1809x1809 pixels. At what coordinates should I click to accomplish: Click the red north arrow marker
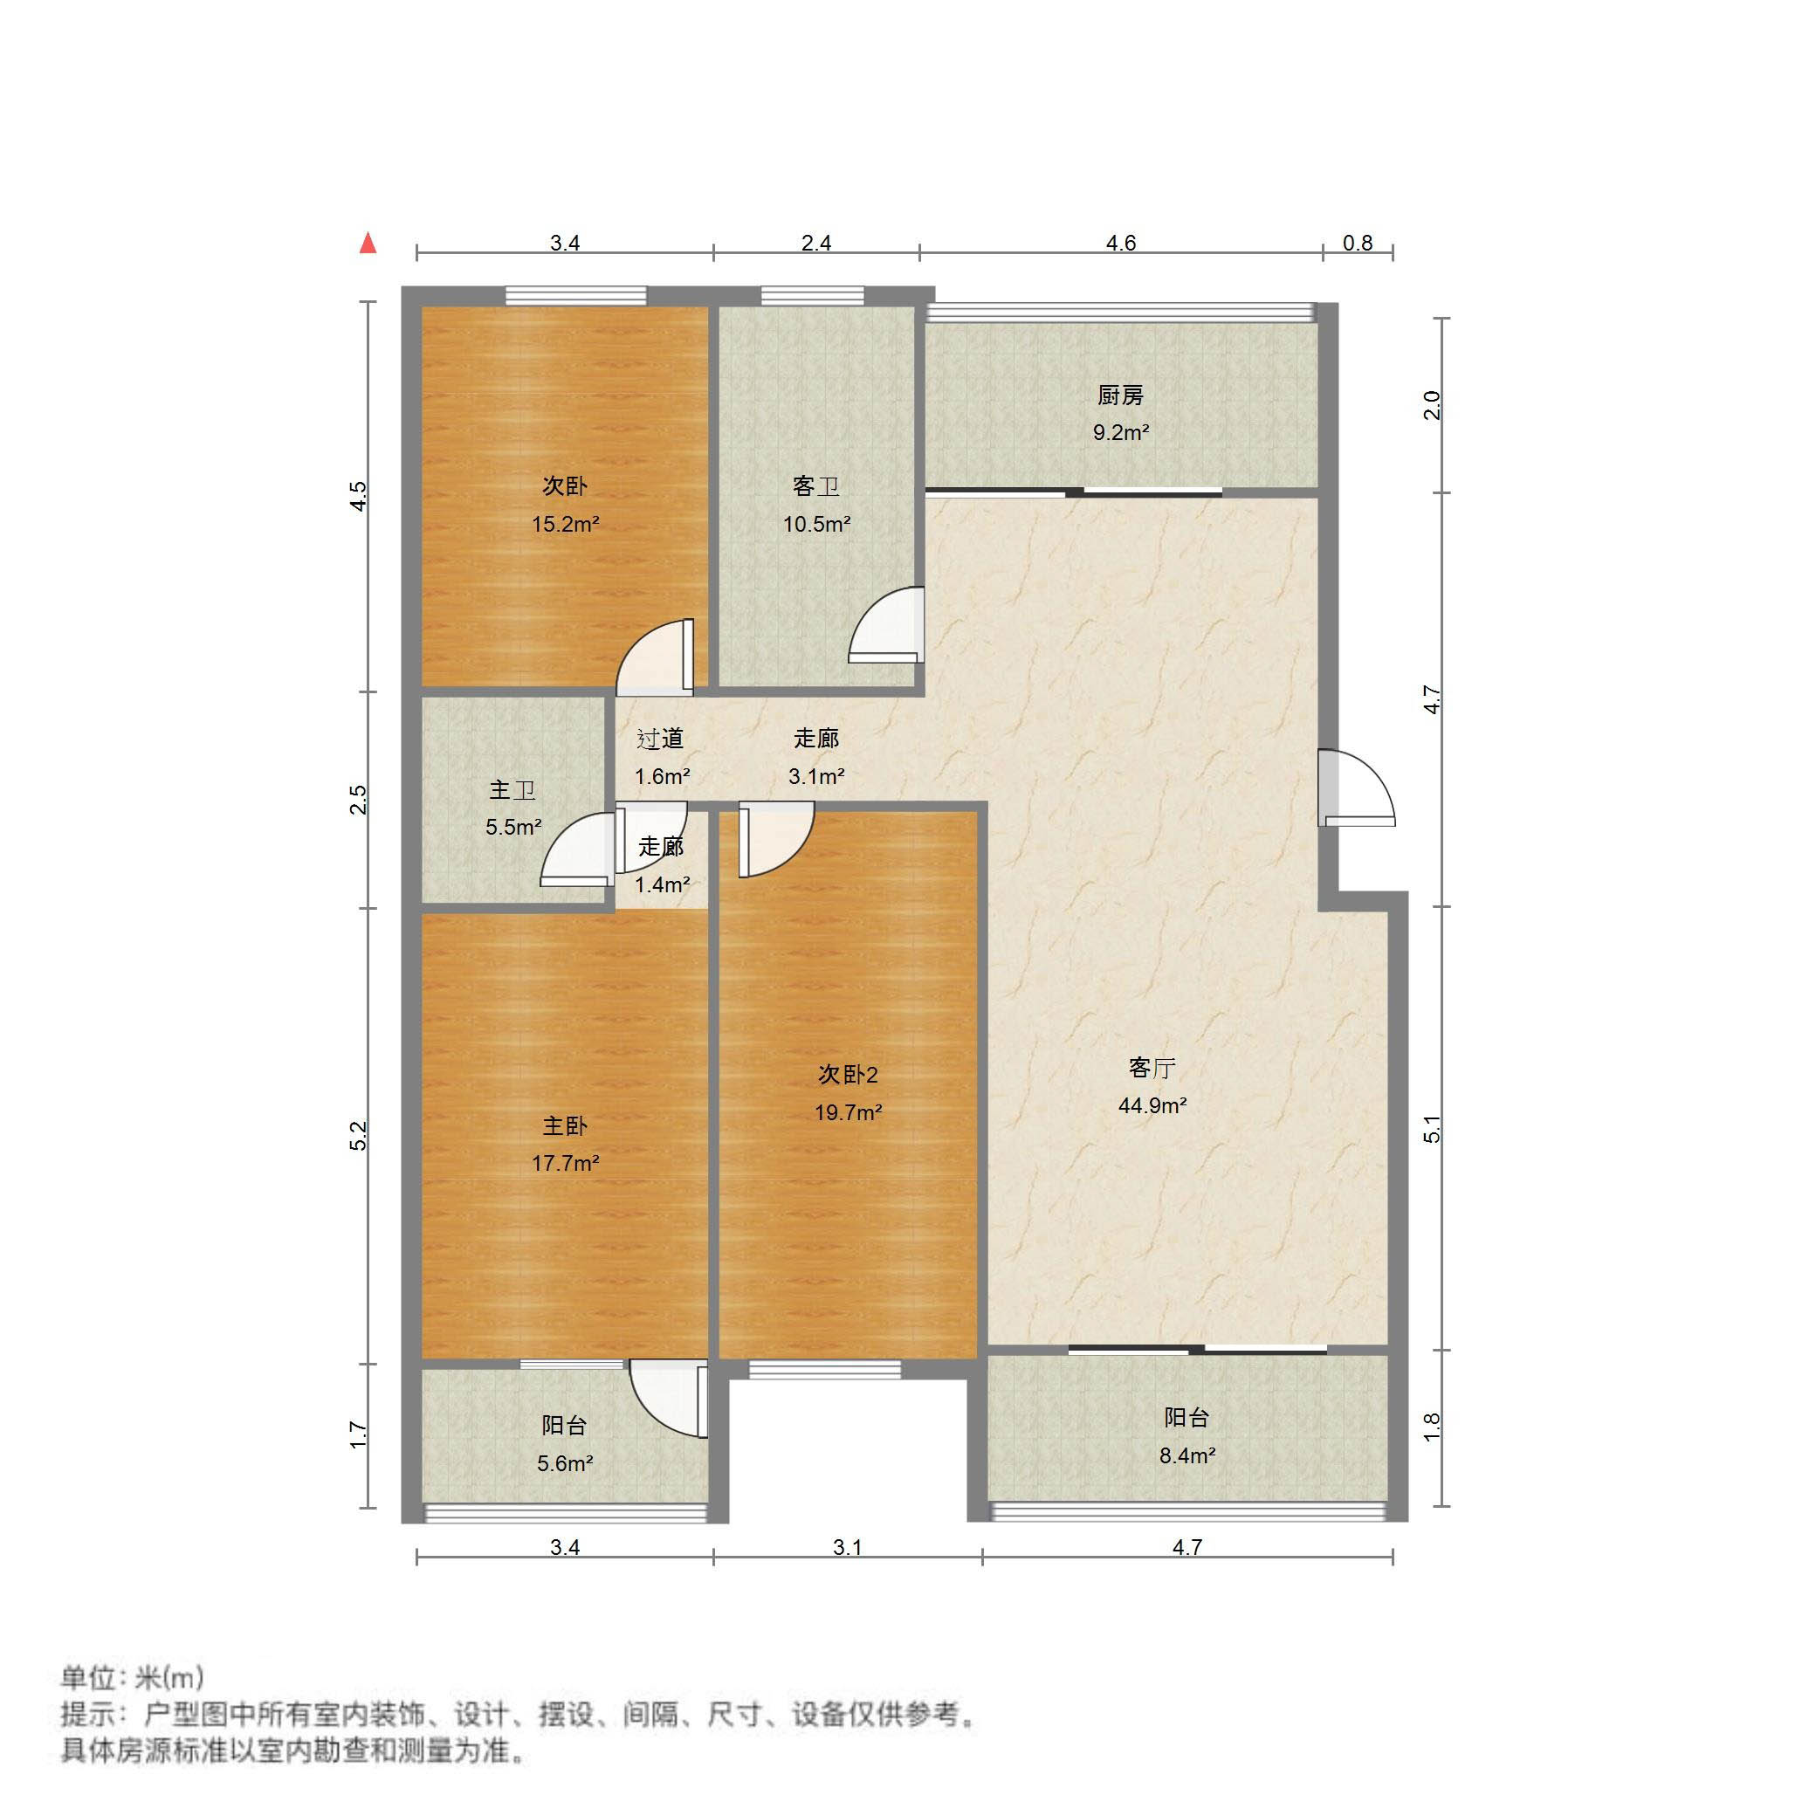[x=369, y=244]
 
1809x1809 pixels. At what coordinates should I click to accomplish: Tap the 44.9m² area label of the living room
[x=1152, y=1106]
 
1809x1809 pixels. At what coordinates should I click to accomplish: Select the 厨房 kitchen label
[x=1121, y=396]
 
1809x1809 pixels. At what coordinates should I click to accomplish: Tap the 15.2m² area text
[x=566, y=525]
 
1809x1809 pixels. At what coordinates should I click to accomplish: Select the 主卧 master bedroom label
[x=566, y=1125]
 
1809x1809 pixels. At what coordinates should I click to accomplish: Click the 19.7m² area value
[x=848, y=1112]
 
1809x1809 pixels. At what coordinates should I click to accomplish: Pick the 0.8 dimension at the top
[x=1357, y=244]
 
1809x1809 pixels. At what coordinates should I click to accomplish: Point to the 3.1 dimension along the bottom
[x=848, y=1548]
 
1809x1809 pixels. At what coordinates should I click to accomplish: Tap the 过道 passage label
[x=660, y=739]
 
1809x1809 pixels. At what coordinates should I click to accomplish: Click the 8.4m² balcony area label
[x=1187, y=1455]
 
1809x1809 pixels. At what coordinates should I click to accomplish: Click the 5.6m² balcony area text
[x=566, y=1462]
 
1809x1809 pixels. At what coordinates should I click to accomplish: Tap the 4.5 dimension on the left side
[x=359, y=495]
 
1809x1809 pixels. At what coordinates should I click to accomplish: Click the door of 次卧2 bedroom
[x=774, y=840]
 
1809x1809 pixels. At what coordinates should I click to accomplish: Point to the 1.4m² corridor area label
[x=662, y=884]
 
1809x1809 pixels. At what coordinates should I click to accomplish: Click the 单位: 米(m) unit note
[x=132, y=1676]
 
